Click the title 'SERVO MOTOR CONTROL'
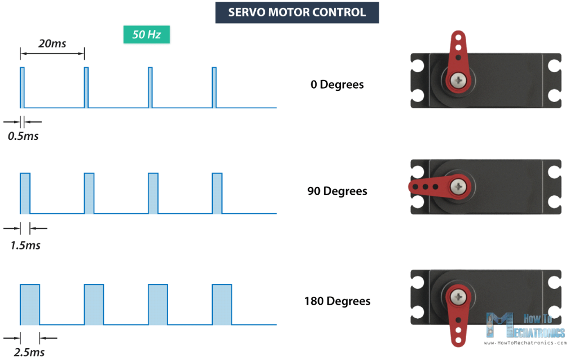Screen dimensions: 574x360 click(297, 12)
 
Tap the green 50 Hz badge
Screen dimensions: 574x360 click(146, 34)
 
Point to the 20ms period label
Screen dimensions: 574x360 click(52, 43)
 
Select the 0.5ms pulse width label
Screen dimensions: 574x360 click(23, 136)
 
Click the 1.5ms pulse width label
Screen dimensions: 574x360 click(25, 245)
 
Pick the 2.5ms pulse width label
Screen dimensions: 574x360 click(29, 352)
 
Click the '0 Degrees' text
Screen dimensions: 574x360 click(337, 85)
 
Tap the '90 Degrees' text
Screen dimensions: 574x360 click(337, 191)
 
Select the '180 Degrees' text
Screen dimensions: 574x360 click(337, 301)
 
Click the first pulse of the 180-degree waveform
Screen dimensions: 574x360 click(30, 304)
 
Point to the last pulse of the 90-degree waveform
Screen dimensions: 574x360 click(217, 194)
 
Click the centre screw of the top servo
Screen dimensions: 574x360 click(458, 80)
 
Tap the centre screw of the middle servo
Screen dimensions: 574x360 click(458, 187)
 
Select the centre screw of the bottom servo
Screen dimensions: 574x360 click(458, 296)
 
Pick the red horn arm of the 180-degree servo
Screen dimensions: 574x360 click(458, 322)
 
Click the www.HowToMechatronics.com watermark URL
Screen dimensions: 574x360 click(525, 343)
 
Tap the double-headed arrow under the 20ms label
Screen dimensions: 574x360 click(52, 54)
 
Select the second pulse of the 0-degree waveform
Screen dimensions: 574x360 click(86, 88)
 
